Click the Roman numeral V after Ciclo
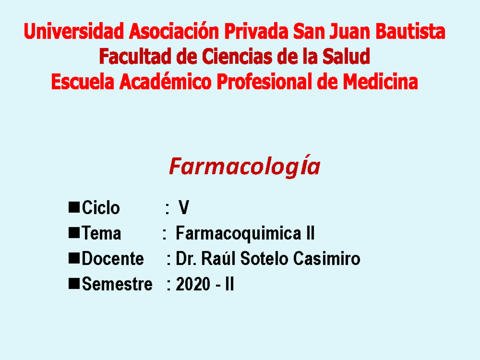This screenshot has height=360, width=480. click(x=184, y=208)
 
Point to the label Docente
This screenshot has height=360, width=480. click(x=112, y=259)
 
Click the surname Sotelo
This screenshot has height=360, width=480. click(x=264, y=259)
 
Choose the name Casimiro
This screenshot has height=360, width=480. click(x=326, y=259)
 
